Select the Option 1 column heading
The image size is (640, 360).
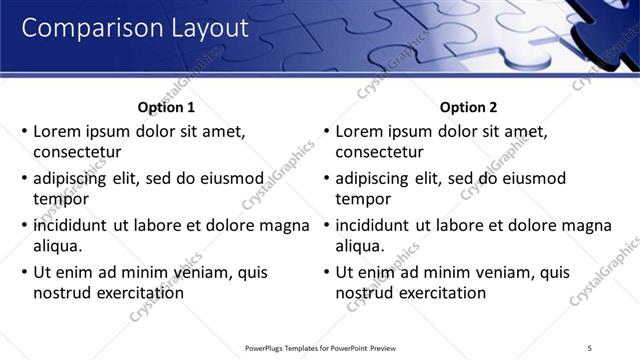166,107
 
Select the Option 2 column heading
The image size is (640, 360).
468,107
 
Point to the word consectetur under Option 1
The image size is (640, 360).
77,153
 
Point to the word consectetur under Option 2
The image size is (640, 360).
379,153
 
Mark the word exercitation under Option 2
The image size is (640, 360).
440,293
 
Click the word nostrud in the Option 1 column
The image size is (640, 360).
62,293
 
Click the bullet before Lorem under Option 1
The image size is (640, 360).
24,131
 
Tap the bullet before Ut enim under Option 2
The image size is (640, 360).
326,272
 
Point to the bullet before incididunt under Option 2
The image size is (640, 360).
326,225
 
